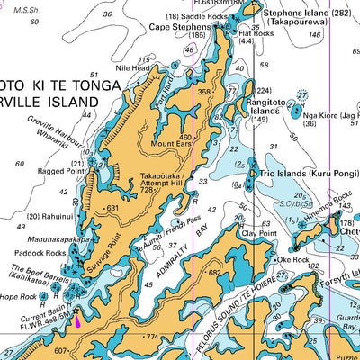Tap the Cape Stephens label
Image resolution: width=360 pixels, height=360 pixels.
point(178,27)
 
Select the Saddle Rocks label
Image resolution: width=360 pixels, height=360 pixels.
point(199,16)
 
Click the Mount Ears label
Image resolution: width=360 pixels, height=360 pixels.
point(171,144)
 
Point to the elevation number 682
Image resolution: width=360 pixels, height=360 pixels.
point(214,273)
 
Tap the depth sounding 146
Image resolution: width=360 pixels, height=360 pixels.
point(313,35)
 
